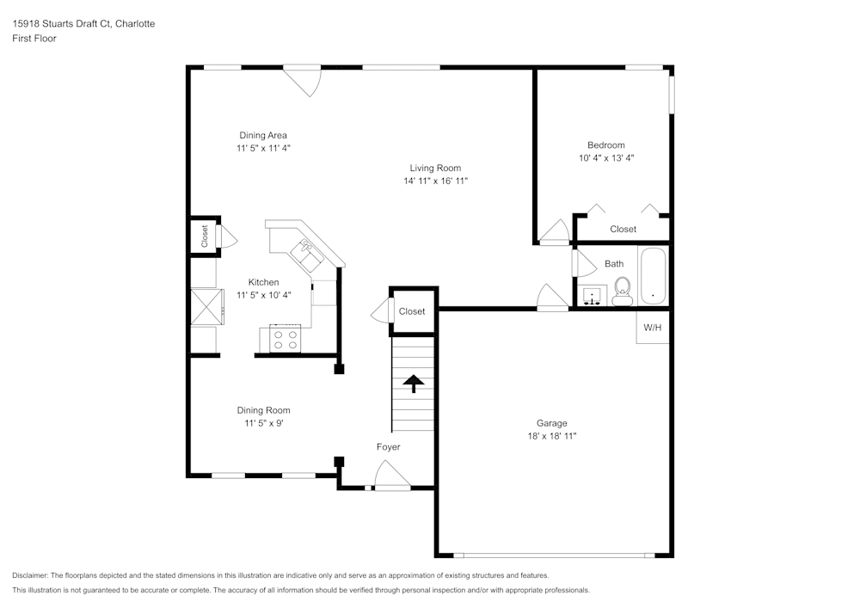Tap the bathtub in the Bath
click(x=654, y=275)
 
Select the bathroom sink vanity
click(x=592, y=297)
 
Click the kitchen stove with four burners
click(x=286, y=339)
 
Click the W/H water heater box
click(x=653, y=328)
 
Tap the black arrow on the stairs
click(x=414, y=383)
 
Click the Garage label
click(x=551, y=423)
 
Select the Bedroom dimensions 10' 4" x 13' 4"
click(x=606, y=158)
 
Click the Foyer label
click(x=388, y=447)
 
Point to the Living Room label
click(x=435, y=169)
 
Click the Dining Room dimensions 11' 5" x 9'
click(x=263, y=424)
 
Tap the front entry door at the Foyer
click(x=392, y=477)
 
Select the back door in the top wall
click(x=303, y=79)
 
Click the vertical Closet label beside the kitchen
click(x=205, y=236)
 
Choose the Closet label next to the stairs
click(x=412, y=311)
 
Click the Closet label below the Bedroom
click(x=623, y=229)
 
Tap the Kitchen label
click(x=263, y=282)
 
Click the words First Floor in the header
click(x=34, y=39)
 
